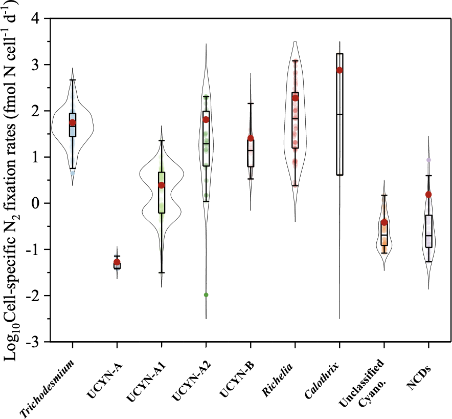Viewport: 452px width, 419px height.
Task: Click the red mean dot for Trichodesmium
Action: click(x=73, y=122)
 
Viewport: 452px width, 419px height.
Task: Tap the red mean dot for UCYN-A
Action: click(x=117, y=262)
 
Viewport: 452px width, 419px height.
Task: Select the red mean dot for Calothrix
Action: click(x=340, y=70)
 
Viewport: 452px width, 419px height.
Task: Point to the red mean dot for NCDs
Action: click(x=428, y=195)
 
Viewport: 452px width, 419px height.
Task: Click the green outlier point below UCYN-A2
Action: click(x=206, y=295)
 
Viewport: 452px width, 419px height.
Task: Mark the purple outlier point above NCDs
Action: click(x=428, y=160)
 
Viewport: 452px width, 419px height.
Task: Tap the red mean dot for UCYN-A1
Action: click(x=162, y=185)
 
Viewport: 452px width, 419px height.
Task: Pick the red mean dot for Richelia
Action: click(x=295, y=98)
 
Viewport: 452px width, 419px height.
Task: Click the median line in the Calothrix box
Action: click(x=340, y=114)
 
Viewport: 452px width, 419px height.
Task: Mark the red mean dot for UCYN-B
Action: click(x=251, y=138)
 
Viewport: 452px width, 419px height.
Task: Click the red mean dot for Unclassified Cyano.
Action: click(x=384, y=222)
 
